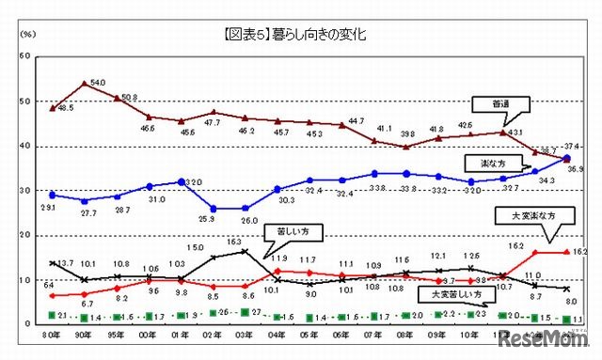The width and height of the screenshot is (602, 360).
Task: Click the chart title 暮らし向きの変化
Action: point(301,35)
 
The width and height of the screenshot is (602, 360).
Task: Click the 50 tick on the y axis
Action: point(24,102)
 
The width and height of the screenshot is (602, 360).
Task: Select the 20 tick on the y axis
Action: point(24,235)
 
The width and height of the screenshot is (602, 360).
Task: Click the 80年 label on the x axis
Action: point(53,335)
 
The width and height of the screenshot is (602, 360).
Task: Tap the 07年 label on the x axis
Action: point(374,335)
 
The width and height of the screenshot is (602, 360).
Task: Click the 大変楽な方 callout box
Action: point(539,215)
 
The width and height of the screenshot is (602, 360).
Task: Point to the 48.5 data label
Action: point(66,109)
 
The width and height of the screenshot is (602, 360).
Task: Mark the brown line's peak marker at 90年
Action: point(86,84)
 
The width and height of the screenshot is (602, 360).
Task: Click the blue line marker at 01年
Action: point(182,181)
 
